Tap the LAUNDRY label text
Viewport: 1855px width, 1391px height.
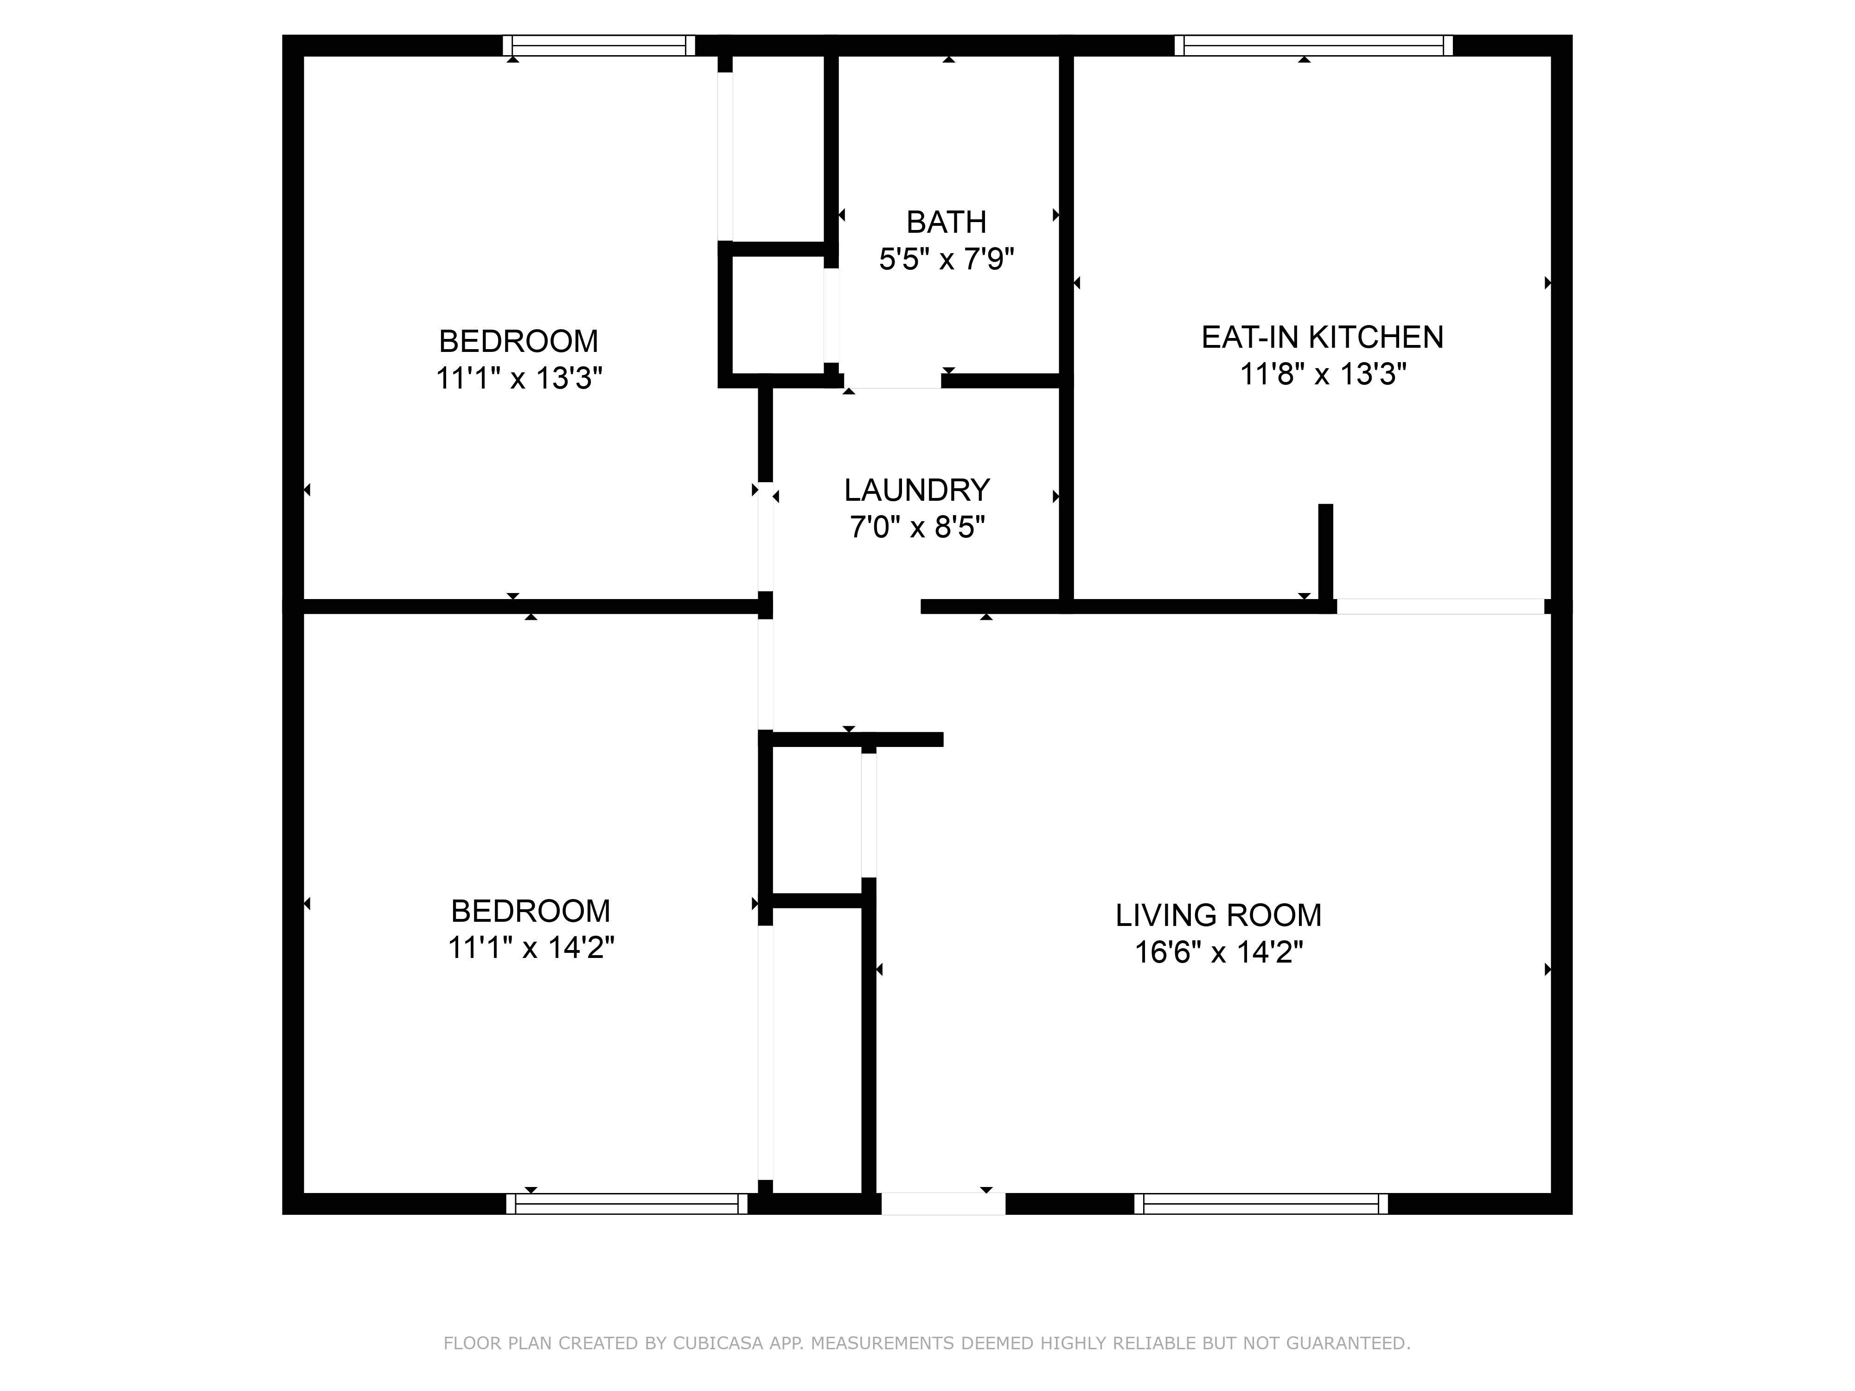[916, 490]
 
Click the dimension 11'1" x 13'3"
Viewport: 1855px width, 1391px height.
[519, 379]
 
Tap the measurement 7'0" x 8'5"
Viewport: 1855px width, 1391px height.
[916, 527]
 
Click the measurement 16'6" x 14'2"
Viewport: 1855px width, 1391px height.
[1218, 952]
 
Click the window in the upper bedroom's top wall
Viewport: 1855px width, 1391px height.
[599, 45]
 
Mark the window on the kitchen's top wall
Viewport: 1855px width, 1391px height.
[1313, 45]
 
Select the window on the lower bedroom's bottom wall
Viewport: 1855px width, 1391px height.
[627, 1204]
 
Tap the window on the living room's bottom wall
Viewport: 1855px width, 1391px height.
[1260, 1204]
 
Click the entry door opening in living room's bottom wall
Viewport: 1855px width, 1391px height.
[943, 1204]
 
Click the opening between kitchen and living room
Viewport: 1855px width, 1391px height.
[1439, 606]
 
